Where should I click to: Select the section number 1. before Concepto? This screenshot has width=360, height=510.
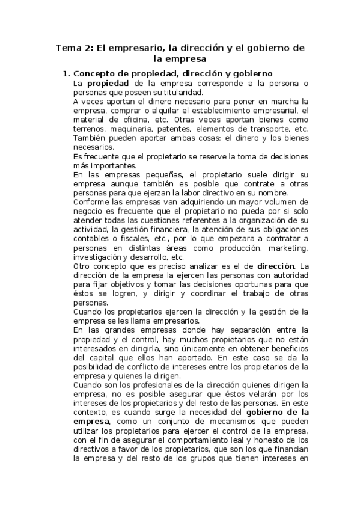[67, 73]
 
